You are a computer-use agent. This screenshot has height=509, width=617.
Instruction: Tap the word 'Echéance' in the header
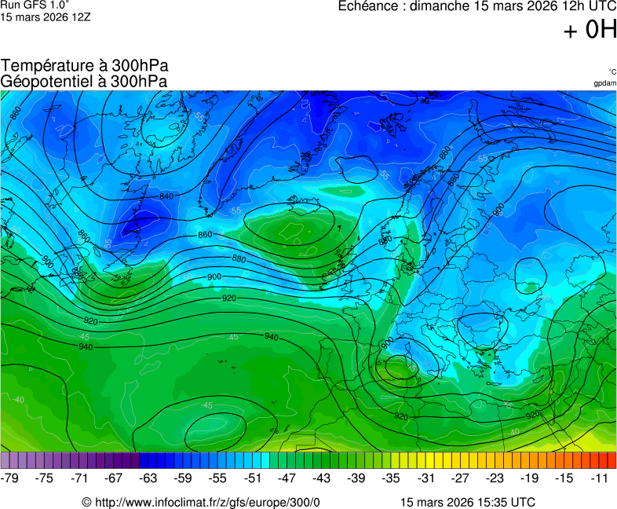(x=370, y=7)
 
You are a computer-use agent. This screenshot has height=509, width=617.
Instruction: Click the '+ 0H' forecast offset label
(x=590, y=31)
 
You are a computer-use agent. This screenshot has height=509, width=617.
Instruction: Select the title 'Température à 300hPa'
(x=84, y=66)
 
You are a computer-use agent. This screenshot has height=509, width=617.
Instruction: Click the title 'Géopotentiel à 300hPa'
(x=84, y=81)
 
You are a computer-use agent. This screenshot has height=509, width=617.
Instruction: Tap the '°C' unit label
(x=612, y=71)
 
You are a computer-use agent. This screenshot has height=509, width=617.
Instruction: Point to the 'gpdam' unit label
(x=604, y=83)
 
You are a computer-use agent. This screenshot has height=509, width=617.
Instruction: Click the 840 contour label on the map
(x=166, y=196)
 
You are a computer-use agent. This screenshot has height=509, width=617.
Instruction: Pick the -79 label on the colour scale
(x=10, y=478)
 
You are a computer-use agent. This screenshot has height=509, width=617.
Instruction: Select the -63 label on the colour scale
(x=148, y=478)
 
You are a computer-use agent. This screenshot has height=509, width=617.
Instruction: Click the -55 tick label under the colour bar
(x=217, y=478)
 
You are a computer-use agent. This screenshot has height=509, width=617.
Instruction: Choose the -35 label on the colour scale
(x=390, y=478)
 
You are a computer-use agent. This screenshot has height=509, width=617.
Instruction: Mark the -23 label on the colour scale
(x=495, y=478)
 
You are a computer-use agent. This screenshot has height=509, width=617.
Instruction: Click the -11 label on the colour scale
(x=599, y=478)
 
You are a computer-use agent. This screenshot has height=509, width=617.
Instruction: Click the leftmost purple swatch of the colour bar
(x=5, y=461)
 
